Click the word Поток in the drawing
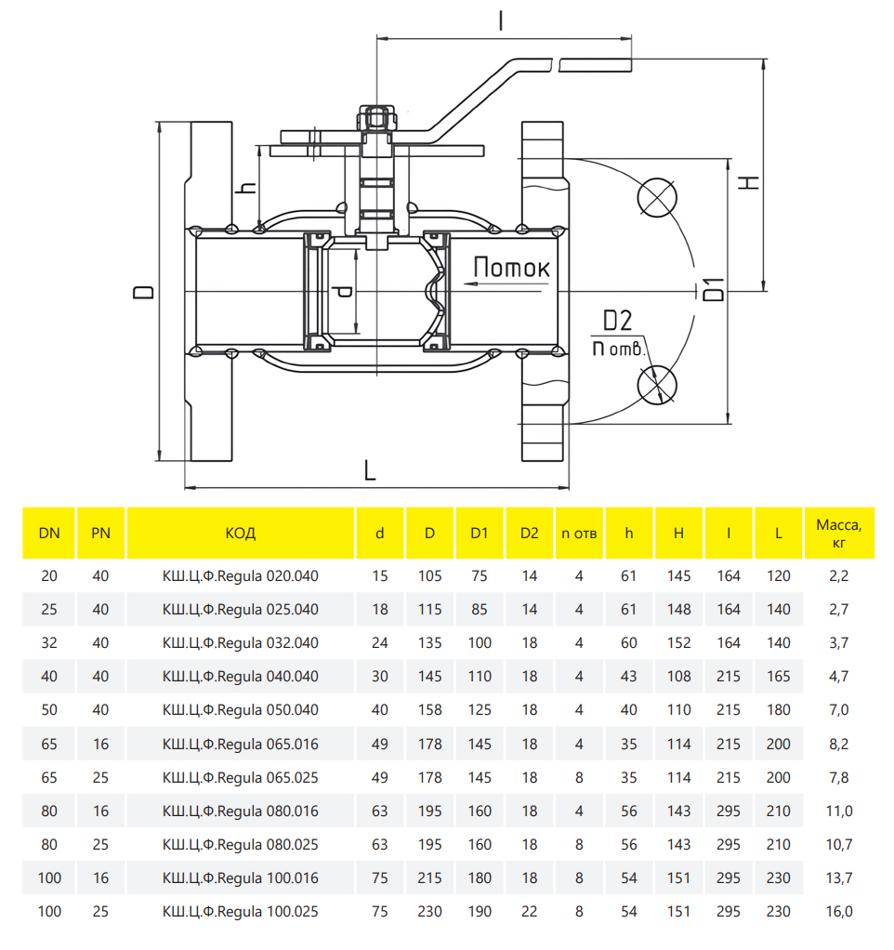pyautogui.click(x=511, y=268)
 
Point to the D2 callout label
pyautogui.click(x=616, y=322)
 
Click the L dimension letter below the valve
pyautogui.click(x=370, y=471)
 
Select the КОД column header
pyautogui.click(x=240, y=533)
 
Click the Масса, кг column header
pyautogui.click(x=838, y=533)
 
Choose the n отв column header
pyautogui.click(x=579, y=533)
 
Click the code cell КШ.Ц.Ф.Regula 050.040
pyautogui.click(x=240, y=710)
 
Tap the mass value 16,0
pyautogui.click(x=838, y=911)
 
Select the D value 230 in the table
pyautogui.click(x=429, y=911)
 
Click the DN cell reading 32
pyautogui.click(x=49, y=643)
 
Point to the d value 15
pyautogui.click(x=379, y=576)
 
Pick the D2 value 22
pyautogui.click(x=529, y=911)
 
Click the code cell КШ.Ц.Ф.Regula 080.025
pyautogui.click(x=240, y=844)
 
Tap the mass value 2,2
pyautogui.click(x=838, y=576)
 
